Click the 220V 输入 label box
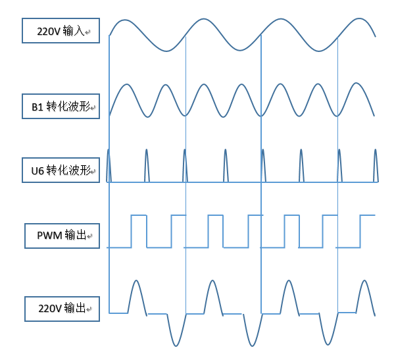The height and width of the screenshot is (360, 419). click(61, 30)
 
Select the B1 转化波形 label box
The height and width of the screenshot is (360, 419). click(61, 106)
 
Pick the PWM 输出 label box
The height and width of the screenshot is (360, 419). click(62, 236)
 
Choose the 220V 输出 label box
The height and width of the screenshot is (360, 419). click(62, 308)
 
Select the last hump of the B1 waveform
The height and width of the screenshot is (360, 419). click(357, 84)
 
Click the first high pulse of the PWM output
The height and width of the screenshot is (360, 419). click(138, 215)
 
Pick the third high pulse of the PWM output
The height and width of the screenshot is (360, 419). click(215, 215)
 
